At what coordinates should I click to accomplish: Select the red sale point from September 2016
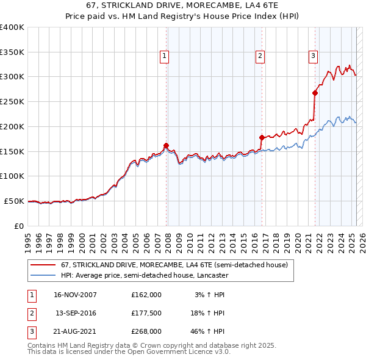tap(262, 137)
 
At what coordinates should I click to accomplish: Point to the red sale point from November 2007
tap(166, 145)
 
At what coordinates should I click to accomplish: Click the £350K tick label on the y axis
tap(12, 52)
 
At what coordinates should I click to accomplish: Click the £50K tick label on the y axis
tap(14, 201)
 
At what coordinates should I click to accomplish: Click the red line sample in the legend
tap(43, 265)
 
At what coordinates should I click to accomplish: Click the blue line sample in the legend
tap(43, 275)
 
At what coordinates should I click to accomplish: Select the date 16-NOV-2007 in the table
tap(75, 295)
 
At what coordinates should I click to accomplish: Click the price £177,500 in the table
tap(146, 313)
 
